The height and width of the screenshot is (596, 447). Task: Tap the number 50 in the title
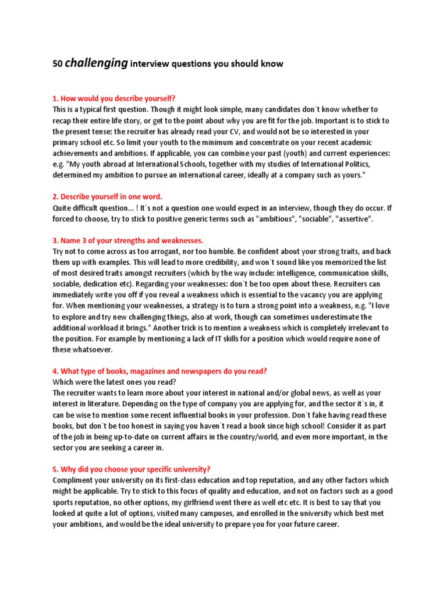(57, 64)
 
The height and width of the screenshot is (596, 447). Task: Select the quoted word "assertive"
(352, 219)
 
